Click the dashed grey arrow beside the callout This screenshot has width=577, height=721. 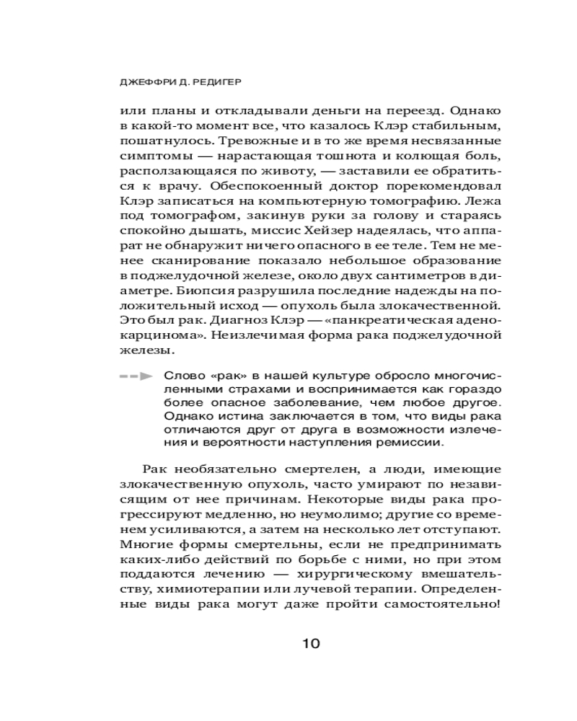pyautogui.click(x=136, y=376)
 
